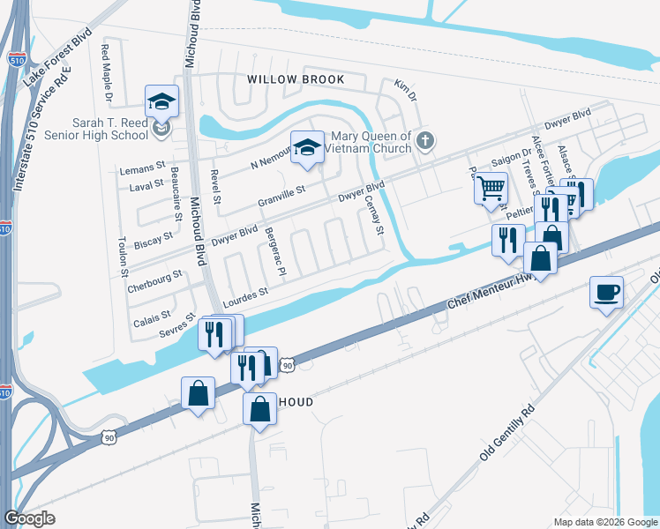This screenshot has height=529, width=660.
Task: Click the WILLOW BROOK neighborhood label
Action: (x=296, y=79)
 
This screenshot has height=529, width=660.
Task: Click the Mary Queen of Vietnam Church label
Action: (x=371, y=142)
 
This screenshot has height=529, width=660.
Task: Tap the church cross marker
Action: (x=425, y=140)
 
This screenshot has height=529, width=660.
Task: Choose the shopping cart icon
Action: (x=491, y=188)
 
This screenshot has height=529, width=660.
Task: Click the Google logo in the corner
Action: (x=30, y=518)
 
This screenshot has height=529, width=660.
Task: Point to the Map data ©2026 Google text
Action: (x=604, y=522)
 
